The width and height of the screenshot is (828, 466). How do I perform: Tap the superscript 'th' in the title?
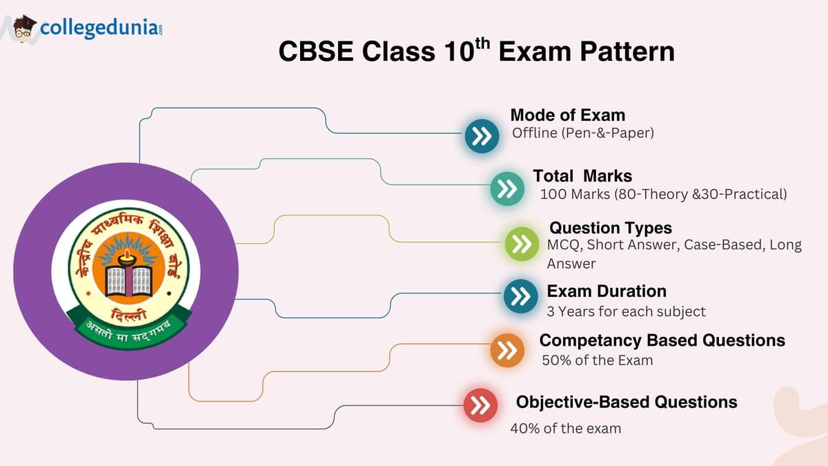coord(482,44)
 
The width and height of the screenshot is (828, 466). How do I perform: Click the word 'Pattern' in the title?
coord(627,51)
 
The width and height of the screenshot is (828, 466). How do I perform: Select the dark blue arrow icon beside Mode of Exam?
coord(482,136)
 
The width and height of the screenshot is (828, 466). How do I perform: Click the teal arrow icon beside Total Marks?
coord(507,188)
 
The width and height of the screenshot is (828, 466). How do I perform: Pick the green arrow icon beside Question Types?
coord(522,244)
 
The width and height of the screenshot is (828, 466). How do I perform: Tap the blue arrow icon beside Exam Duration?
coord(520,296)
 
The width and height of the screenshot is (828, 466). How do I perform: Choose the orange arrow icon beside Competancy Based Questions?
coord(507,350)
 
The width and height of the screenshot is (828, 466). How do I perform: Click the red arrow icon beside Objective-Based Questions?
coord(480,405)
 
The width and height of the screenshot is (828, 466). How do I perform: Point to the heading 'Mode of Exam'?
coord(568,115)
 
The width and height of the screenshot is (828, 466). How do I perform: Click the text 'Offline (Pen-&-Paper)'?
coord(583,133)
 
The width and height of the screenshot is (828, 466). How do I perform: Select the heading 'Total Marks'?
coord(582,175)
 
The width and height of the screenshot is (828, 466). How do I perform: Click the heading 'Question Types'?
coord(611,228)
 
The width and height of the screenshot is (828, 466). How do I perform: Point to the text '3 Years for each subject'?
coord(627,311)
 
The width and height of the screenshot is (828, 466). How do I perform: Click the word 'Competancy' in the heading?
coord(591,340)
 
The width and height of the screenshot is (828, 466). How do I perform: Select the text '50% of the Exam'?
coord(598,360)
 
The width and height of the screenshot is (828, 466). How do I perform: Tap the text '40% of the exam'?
coord(566,429)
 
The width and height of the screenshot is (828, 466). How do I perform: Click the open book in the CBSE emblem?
coord(128,282)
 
